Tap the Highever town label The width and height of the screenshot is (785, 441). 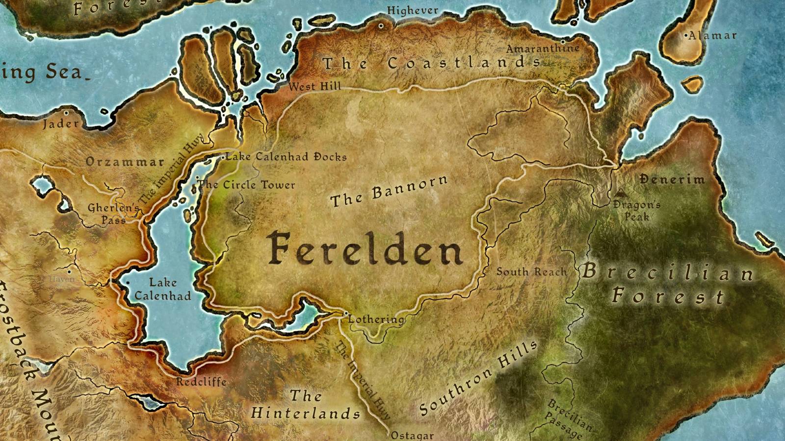click(413, 10)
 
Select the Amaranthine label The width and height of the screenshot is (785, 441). click(543, 48)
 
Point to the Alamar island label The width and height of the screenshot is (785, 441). click(712, 35)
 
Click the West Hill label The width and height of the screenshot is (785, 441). click(314, 87)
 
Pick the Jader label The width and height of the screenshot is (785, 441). click(61, 123)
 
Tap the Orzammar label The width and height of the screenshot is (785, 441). click(125, 162)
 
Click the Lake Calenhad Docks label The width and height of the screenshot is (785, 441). click(287, 157)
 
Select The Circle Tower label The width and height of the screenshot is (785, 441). click(246, 185)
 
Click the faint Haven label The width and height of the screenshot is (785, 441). click(62, 279)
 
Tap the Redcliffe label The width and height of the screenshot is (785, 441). click(201, 382)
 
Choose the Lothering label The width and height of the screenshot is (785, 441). click(376, 319)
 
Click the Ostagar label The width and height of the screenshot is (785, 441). click(412, 435)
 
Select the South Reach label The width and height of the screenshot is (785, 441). click(531, 271)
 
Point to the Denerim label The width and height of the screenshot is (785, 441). click(672, 179)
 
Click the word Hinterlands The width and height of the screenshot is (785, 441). click(306, 413)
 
